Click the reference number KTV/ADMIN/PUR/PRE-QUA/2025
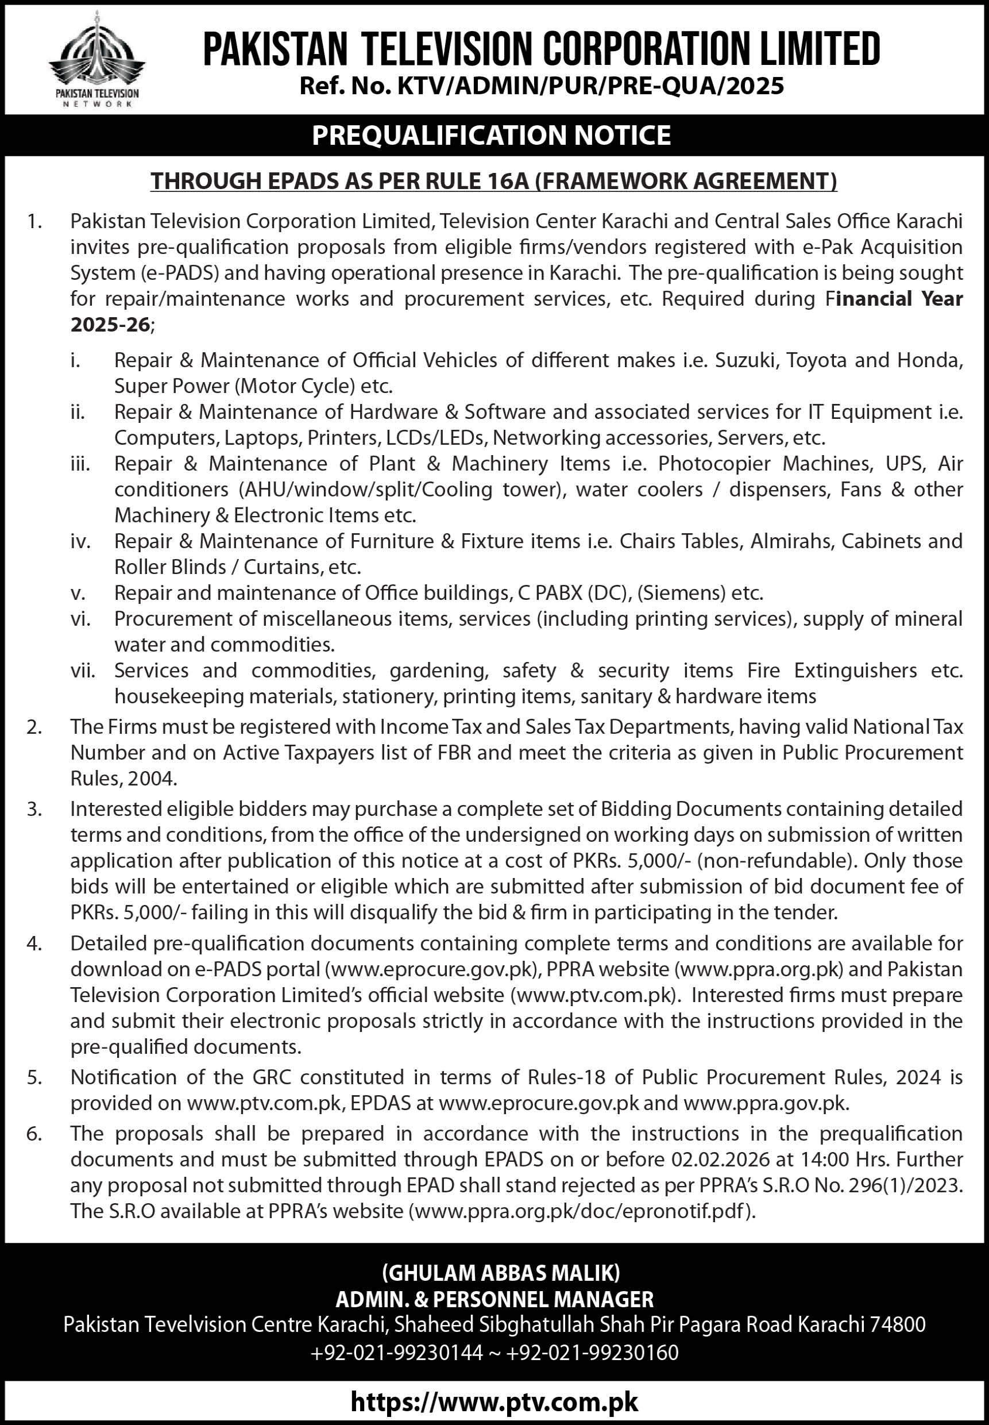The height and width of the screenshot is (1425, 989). point(590,86)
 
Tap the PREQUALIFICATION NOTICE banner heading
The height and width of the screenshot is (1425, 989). point(492,135)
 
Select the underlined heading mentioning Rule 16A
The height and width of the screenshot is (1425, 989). point(494,181)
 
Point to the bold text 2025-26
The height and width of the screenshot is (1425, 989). point(110,325)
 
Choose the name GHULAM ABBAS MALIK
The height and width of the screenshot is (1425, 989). point(501,1273)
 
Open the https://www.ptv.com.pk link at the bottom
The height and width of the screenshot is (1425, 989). point(494,1401)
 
